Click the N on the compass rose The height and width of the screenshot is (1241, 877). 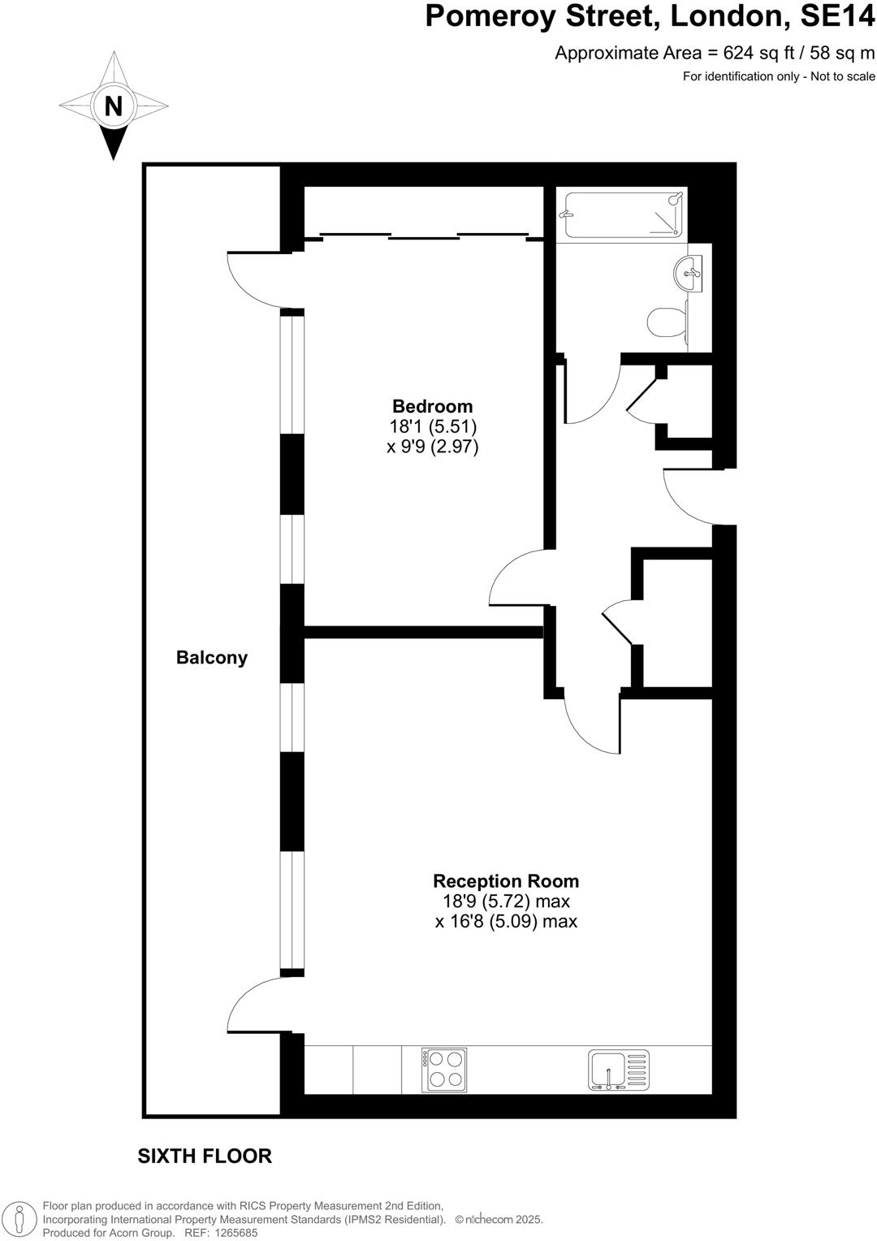pyautogui.click(x=113, y=106)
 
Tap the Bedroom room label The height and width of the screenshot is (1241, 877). pyautogui.click(x=432, y=406)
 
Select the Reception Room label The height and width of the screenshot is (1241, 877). pyautogui.click(x=506, y=881)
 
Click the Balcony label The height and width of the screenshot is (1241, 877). pyautogui.click(x=212, y=658)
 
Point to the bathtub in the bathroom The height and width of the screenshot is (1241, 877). pyautogui.click(x=623, y=214)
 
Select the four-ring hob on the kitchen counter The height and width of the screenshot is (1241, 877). pyautogui.click(x=444, y=1070)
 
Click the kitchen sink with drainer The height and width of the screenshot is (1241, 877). pyautogui.click(x=619, y=1070)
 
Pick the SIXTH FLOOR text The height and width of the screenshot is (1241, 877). pyautogui.click(x=205, y=1157)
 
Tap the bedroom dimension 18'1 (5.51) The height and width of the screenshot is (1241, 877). pyautogui.click(x=432, y=426)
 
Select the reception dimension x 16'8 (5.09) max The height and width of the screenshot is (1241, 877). pyautogui.click(x=506, y=922)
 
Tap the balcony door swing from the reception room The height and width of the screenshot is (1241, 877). pyautogui.click(x=253, y=1007)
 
